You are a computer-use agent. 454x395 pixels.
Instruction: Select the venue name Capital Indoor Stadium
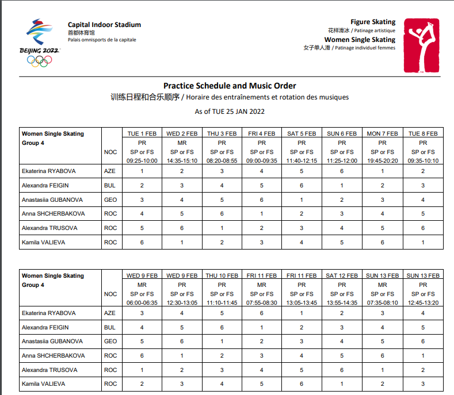pos(104,25)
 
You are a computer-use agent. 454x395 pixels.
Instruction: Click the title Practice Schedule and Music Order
pos(230,86)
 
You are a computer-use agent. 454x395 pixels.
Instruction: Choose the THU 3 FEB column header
pos(222,133)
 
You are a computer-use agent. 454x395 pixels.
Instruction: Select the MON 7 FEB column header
pos(383,133)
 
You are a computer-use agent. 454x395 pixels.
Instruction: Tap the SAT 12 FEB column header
pos(342,275)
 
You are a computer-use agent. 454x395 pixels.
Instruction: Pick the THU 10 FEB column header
pos(222,275)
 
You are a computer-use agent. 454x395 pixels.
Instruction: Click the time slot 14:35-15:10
pos(181,160)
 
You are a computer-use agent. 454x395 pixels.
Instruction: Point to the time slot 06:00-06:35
pos(142,302)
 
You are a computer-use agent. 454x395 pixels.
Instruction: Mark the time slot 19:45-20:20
pos(383,160)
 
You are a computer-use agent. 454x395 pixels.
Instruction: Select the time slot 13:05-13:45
pos(302,302)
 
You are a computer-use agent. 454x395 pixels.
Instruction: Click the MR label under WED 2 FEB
pos(181,142)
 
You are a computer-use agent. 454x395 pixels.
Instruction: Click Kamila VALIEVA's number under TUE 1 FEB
pos(142,242)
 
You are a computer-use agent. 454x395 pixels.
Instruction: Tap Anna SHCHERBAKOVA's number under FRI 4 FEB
pos(262,214)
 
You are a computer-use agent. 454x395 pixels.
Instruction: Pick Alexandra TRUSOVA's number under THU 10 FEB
pos(222,370)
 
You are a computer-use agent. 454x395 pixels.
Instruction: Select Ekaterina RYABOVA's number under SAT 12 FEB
pos(342,313)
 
